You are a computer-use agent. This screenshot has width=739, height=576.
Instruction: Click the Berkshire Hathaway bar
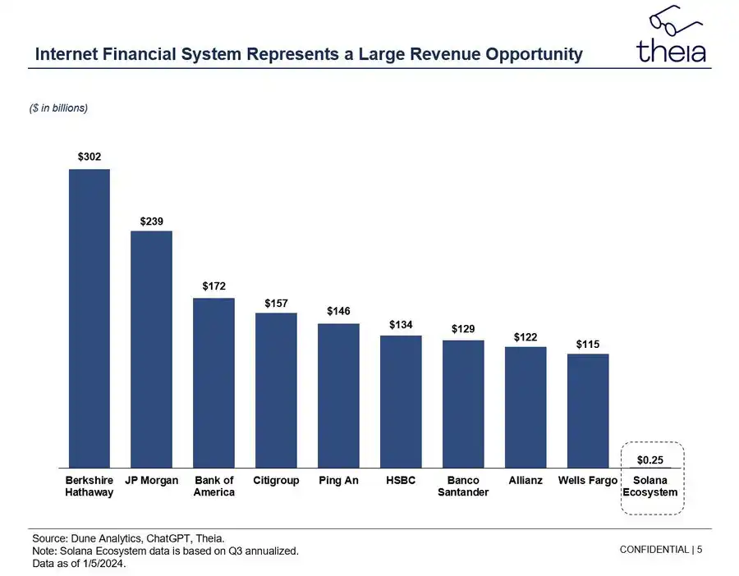pos(89,318)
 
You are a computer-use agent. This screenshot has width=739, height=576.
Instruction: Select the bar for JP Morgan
pos(151,349)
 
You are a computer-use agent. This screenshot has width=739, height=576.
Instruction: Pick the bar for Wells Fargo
pos(588,410)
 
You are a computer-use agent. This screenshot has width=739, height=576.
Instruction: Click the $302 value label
pos(90,156)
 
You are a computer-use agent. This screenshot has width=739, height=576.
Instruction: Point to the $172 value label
pos(214,286)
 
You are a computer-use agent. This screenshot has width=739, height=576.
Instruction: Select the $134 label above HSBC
pos(401,325)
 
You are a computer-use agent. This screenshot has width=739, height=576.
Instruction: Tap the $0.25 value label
pos(650,459)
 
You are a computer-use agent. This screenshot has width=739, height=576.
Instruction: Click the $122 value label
pos(526,337)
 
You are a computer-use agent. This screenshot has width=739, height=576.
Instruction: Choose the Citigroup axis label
pos(276,480)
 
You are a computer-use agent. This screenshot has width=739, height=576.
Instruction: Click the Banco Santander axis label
pos(463,486)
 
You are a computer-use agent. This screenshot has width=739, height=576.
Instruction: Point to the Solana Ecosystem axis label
pos(650,486)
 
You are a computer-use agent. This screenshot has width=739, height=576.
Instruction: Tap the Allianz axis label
pos(526,480)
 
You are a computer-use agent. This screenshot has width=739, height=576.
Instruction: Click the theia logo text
pos(671,51)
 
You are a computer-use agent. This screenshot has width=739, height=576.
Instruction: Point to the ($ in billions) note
pos(58,108)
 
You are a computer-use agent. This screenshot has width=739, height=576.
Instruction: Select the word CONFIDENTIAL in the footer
pos(654,549)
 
